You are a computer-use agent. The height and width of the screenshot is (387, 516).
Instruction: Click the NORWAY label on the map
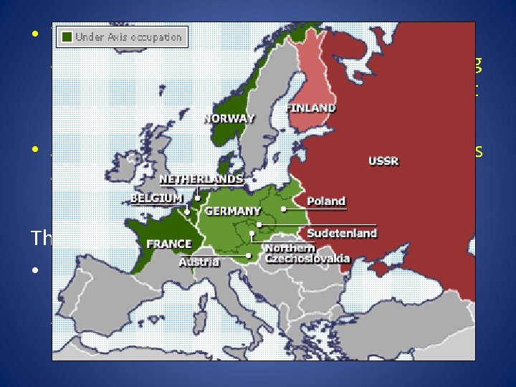(x=229, y=118)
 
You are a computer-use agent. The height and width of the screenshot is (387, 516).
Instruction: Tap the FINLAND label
(x=311, y=108)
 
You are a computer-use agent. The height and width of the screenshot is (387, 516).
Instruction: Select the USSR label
(x=383, y=161)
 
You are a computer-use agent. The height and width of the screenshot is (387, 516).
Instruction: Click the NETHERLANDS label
(x=201, y=178)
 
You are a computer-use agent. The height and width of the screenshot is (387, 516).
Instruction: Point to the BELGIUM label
(x=157, y=197)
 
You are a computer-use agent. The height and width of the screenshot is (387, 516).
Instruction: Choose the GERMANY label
(x=233, y=211)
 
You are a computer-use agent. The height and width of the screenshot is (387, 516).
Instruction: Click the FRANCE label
(x=169, y=244)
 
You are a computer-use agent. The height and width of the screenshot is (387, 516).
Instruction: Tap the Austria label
(x=199, y=262)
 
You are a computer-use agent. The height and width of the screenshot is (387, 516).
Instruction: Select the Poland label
(x=326, y=201)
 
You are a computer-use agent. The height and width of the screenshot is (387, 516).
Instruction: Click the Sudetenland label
(x=342, y=233)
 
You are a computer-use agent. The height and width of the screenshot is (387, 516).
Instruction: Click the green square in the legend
(x=67, y=36)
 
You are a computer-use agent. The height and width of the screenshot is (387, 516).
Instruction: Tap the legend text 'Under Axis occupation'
(x=129, y=36)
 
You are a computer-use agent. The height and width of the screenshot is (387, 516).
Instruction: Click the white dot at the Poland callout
(x=284, y=209)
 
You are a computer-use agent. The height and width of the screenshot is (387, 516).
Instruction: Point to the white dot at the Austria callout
(x=248, y=256)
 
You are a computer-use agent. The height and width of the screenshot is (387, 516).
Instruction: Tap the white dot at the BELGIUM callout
(x=188, y=211)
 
